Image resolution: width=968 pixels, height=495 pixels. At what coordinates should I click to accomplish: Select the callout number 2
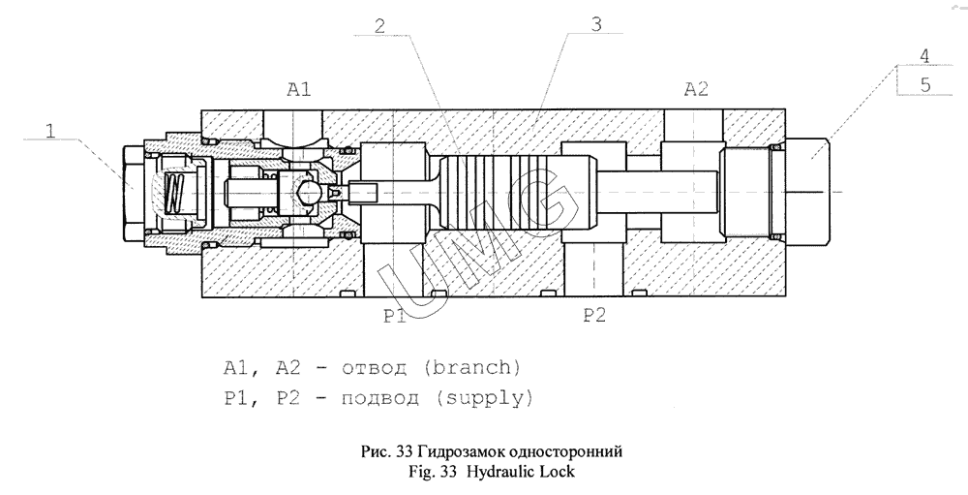point(384,25)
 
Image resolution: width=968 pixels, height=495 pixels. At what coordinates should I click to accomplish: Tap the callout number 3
point(596,25)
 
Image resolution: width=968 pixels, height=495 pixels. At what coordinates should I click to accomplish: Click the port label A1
point(298,90)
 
